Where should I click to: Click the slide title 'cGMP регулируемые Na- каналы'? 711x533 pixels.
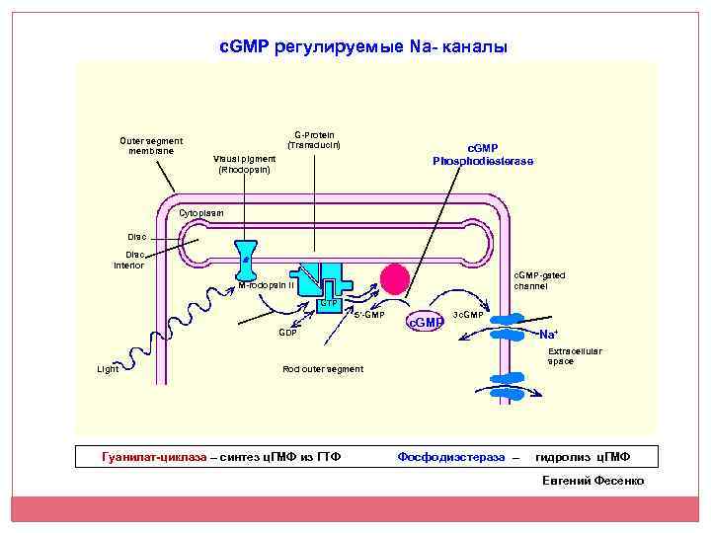362,46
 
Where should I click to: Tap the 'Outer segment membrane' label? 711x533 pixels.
151,146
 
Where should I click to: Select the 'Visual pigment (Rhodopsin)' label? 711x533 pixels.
245,163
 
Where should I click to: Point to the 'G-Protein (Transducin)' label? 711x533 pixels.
314,140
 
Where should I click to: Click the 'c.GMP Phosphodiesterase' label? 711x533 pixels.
483,154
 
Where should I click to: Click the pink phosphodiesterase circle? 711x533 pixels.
395,279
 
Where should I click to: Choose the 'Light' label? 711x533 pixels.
108,369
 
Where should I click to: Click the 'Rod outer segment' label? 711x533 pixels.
322,369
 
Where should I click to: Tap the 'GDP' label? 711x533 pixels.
287,333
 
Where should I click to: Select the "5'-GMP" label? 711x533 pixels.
368,315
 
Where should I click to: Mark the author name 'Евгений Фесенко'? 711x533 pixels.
593,481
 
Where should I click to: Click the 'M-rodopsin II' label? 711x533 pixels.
266,285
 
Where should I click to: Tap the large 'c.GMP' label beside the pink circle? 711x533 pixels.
427,322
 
